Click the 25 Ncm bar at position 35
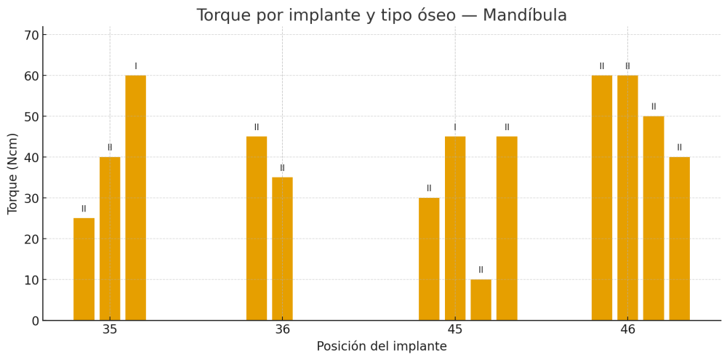(x=84, y=269)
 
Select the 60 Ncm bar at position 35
(x=135, y=198)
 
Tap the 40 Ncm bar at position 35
(x=110, y=239)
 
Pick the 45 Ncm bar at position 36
(x=257, y=228)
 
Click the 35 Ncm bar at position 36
(x=282, y=249)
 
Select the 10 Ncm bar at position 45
(x=481, y=300)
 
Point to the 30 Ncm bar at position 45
(x=429, y=259)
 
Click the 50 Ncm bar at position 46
(x=654, y=218)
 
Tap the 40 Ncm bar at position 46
(x=679, y=239)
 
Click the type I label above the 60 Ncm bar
(x=135, y=66)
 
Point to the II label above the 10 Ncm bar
(x=481, y=270)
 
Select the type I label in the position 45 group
(x=455, y=127)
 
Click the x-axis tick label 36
(x=282, y=329)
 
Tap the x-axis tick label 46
(x=627, y=329)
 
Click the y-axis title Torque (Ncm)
(x=13, y=173)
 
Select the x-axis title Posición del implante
(x=382, y=347)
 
